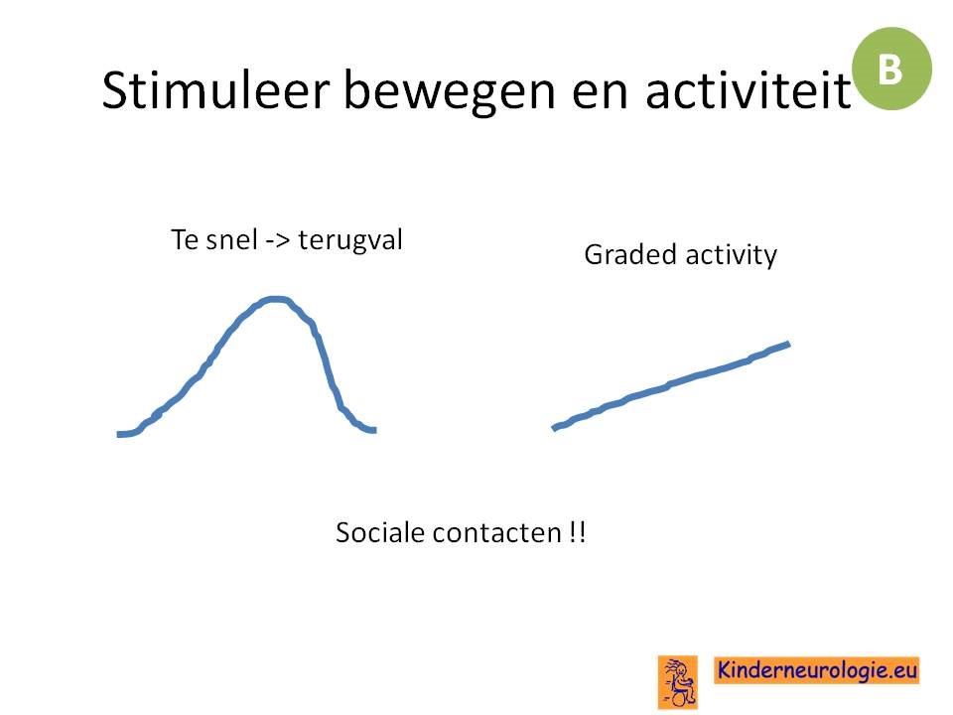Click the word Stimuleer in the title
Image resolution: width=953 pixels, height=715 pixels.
click(215, 90)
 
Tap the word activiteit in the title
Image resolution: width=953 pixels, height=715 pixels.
click(749, 91)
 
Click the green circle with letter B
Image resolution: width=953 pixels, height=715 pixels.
click(891, 69)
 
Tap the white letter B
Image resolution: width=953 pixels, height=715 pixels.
click(889, 70)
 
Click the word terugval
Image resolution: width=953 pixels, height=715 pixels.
click(350, 240)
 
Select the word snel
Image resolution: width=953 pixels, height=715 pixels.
click(232, 239)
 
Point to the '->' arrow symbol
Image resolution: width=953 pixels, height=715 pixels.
click(278, 240)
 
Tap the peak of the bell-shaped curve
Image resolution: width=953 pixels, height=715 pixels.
click(275, 299)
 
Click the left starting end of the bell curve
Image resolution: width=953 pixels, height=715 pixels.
click(118, 434)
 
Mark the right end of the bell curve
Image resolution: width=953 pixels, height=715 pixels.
click(375, 430)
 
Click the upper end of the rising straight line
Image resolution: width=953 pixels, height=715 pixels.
click(788, 345)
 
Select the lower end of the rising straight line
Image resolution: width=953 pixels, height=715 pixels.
click(554, 428)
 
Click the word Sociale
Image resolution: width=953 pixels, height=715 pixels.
click(380, 532)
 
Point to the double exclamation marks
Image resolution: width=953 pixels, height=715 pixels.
click(578, 532)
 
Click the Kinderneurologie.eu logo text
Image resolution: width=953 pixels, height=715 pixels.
click(817, 670)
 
